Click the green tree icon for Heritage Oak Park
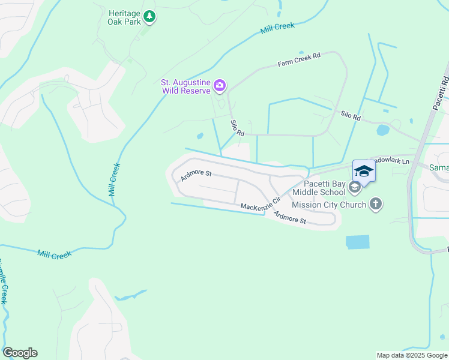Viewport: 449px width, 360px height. (149, 17)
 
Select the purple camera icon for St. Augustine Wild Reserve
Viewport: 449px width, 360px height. (219, 86)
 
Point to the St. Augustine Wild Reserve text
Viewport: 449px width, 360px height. (185, 86)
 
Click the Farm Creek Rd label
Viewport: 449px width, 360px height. (299, 59)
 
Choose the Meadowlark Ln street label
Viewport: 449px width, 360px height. (391, 161)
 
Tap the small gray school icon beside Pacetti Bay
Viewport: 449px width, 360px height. (355, 188)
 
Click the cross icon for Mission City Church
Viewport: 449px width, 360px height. (376, 205)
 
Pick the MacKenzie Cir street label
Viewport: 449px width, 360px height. (261, 204)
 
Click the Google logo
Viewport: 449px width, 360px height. (20, 353)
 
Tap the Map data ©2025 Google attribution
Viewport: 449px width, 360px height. (411, 355)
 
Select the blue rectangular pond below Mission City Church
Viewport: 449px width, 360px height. (358, 242)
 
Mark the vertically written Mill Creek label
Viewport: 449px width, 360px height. (114, 179)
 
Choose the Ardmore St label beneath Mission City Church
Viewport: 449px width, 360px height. (290, 218)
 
